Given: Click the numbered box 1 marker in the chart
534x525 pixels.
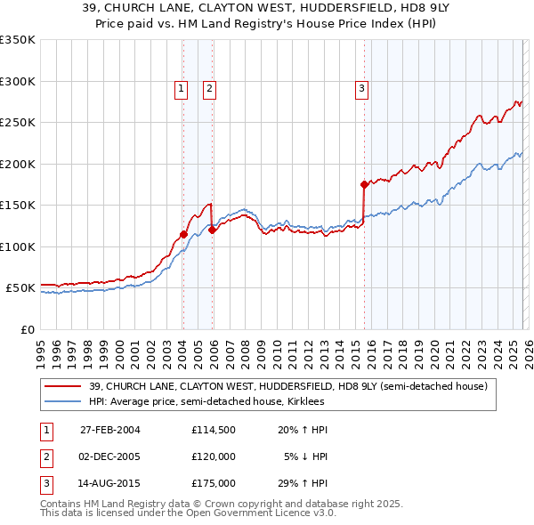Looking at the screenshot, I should coord(181,88).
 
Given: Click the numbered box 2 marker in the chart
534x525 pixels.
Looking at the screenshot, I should coord(209,88).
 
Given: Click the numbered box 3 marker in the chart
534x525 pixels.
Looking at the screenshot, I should coord(361,88).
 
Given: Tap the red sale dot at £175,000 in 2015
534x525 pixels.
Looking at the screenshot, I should coord(364,185).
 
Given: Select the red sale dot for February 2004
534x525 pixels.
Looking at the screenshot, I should coord(183,235).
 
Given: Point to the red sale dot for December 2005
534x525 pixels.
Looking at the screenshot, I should coord(212,230).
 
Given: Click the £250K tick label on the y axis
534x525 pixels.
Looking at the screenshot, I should coord(17,123).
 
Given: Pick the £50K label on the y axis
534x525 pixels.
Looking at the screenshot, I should coord(20,288).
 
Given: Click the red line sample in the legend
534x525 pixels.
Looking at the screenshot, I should coord(63,387).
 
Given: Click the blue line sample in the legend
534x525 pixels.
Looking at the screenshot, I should coord(63,401).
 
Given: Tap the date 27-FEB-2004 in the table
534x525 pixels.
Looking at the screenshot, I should coord(110,430).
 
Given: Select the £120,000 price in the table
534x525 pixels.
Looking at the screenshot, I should coord(213,456).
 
